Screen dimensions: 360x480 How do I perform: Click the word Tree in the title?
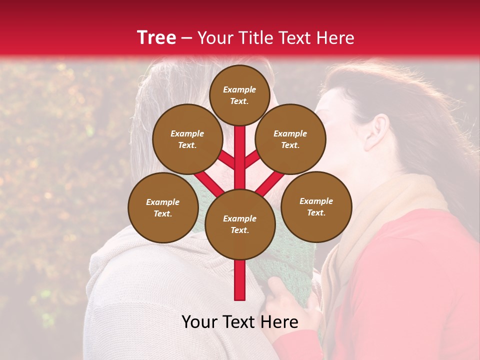156,37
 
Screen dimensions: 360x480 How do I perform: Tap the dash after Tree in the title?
187,38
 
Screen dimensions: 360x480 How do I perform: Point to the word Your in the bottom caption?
199,322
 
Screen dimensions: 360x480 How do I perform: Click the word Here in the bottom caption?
279,322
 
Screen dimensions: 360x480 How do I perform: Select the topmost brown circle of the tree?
239,95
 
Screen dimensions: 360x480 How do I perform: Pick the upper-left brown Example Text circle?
187,139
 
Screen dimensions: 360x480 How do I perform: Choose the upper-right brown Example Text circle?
290,139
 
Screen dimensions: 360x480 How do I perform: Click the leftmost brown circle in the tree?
163,207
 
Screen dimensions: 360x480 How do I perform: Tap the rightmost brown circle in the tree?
316,206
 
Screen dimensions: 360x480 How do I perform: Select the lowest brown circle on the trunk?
240,224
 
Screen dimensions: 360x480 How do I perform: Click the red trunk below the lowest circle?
240,280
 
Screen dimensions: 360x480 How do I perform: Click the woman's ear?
379,131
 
